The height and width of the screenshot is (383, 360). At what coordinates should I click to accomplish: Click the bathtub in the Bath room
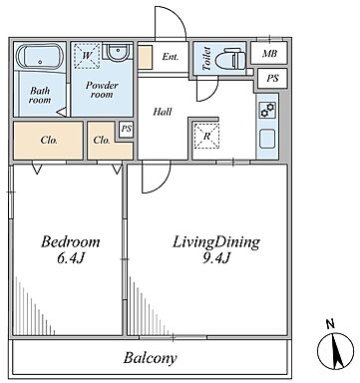point(40,56)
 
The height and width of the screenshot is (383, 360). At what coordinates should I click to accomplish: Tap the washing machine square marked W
point(87,55)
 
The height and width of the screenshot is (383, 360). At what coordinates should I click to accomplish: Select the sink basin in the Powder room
point(118,51)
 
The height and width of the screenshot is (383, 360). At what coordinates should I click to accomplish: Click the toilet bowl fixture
point(230,59)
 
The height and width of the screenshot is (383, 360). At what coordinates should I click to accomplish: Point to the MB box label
point(269,53)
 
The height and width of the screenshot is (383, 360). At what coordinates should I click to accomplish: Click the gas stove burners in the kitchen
point(267,110)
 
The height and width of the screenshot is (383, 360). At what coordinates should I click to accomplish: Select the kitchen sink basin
point(267,139)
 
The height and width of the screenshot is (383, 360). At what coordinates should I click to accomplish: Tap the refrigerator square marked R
point(206,136)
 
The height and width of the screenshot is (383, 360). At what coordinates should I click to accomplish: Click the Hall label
point(163,112)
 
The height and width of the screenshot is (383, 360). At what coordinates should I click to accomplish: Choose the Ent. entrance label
point(171,57)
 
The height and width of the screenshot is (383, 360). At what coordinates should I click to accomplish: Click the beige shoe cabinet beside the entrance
point(145,58)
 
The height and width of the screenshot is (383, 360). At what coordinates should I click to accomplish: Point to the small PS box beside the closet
point(127,130)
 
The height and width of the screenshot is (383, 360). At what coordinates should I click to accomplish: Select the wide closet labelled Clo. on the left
point(48,141)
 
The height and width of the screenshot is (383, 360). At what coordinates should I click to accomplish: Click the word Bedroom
point(70,241)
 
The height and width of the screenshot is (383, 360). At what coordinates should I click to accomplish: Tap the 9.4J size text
point(216,257)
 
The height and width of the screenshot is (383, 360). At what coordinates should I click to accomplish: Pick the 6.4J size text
point(70,258)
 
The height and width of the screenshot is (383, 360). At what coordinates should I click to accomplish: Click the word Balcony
point(150,358)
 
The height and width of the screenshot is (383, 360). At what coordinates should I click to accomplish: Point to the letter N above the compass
point(330,324)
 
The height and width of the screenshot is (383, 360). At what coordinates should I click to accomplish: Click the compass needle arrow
point(336,351)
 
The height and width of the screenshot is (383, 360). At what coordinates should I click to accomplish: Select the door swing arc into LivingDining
point(163,185)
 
